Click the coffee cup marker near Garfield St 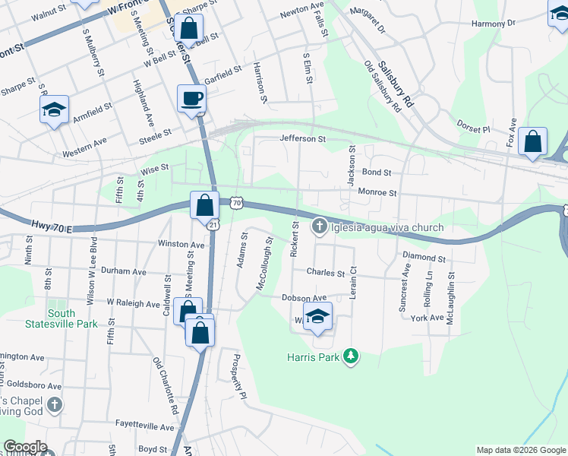[191, 98]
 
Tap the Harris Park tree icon [350, 356]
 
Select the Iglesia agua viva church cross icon [320, 226]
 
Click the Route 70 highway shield [236, 204]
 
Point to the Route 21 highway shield [213, 224]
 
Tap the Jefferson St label [302, 139]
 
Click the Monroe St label [377, 193]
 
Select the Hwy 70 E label [54, 226]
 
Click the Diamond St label [424, 257]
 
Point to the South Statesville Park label [72, 318]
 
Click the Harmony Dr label [498, 24]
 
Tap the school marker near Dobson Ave [318, 316]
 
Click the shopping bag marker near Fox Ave [533, 141]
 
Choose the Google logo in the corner [25, 447]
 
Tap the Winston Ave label [181, 245]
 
